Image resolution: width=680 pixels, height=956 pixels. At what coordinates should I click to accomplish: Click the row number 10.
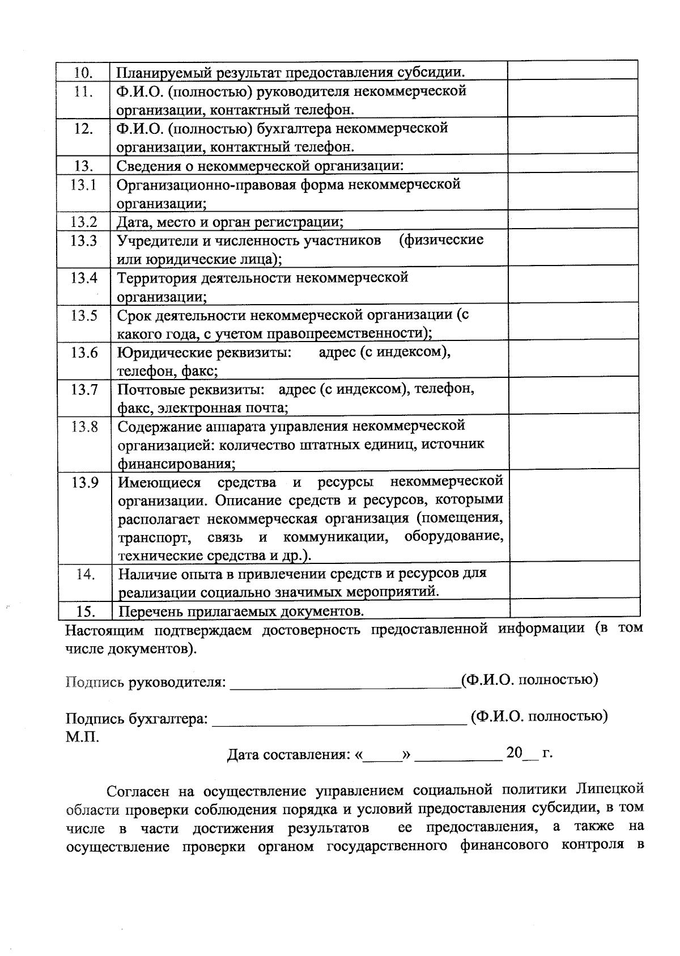(x=84, y=73)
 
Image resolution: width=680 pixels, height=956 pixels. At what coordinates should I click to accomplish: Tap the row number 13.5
(x=84, y=315)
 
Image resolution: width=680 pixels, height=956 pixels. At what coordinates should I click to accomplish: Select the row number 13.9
(x=84, y=483)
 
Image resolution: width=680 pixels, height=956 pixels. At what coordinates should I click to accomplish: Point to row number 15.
(x=86, y=611)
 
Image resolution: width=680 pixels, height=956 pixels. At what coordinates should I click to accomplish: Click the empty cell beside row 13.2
(x=573, y=221)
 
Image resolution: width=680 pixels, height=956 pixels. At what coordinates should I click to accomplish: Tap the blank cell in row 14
(x=574, y=583)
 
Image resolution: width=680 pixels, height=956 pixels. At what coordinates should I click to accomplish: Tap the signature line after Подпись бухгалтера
(x=338, y=722)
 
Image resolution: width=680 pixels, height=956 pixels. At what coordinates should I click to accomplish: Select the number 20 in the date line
(x=514, y=753)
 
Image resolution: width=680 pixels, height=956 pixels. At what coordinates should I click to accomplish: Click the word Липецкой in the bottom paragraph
(x=610, y=789)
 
